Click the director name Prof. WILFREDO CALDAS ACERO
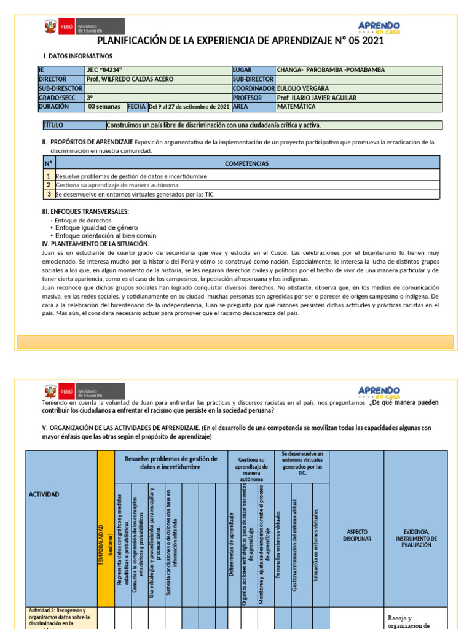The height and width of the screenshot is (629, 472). tap(130, 79)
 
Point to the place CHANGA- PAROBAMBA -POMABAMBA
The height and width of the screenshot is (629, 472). tap(331, 70)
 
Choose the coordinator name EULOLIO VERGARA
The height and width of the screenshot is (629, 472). tap(302, 88)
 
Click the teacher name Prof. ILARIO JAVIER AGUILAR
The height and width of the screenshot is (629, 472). tap(317, 98)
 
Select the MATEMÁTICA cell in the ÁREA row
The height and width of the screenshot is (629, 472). tap(296, 107)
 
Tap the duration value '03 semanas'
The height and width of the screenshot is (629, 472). tap(104, 107)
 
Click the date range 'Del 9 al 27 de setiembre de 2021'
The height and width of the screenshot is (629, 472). tap(189, 107)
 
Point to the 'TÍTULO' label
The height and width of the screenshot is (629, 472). tap(53, 125)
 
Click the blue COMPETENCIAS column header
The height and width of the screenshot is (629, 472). tap(247, 163)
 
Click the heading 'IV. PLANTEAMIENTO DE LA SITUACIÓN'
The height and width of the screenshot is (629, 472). tap(95, 244)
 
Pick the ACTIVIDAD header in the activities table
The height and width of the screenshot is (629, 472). tap(44, 494)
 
